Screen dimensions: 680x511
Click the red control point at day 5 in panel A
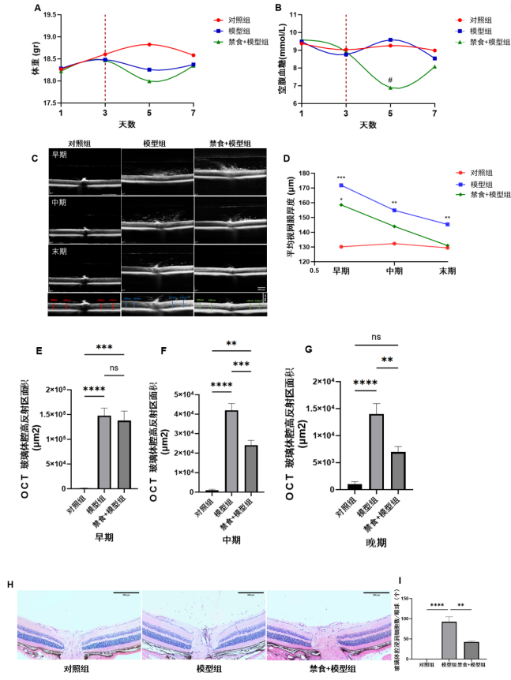[149, 44]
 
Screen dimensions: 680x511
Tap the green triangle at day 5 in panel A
[149, 81]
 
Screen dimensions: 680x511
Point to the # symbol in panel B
[390, 80]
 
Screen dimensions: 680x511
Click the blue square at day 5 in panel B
[390, 39]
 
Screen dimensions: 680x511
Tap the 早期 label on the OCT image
[60, 155]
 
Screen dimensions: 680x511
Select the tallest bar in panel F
[231, 450]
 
